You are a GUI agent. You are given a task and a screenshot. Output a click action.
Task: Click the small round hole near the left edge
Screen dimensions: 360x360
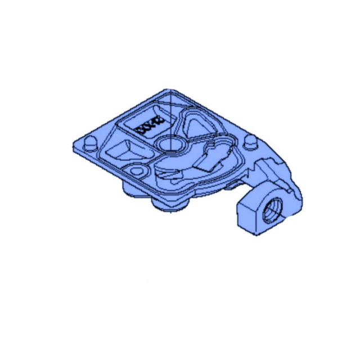[135, 169]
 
